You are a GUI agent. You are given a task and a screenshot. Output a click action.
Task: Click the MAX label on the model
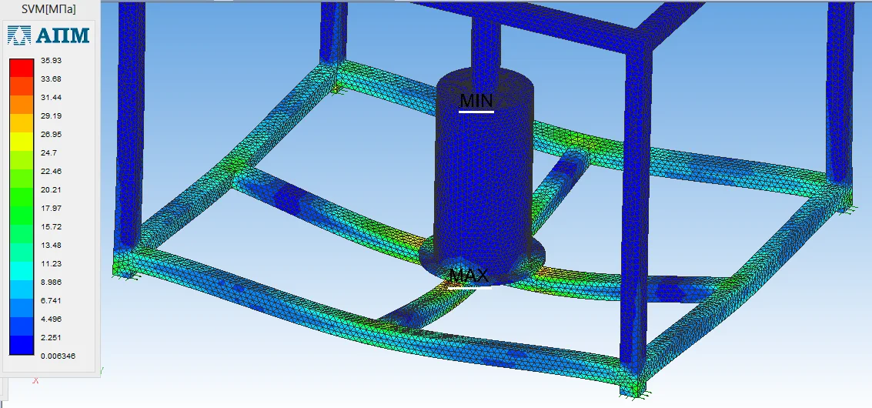(469, 275)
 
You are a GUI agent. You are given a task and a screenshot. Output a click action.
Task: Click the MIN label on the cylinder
(476, 100)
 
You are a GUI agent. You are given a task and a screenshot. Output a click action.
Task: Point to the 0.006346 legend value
(58, 356)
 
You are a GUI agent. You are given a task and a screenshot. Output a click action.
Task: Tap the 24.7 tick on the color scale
(49, 152)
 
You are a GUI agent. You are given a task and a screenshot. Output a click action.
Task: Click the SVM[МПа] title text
(48, 9)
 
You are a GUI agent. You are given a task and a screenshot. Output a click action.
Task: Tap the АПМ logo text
(62, 35)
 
